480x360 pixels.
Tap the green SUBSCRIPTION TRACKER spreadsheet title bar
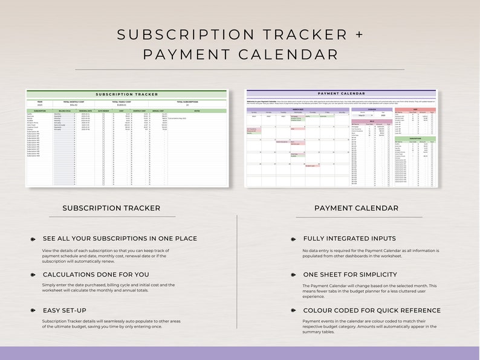point(126,94)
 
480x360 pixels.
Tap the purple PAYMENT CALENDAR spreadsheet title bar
point(340,94)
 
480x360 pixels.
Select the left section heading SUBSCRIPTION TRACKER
point(111,208)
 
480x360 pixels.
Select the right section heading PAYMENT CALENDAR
point(356,208)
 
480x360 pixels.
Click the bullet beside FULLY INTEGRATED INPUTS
point(293,239)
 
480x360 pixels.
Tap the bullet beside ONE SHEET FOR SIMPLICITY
point(293,275)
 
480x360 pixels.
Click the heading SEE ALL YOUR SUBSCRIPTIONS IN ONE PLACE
point(120,239)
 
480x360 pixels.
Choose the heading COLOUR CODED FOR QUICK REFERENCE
point(371,310)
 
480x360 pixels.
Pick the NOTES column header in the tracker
point(196,111)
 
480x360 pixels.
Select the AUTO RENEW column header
point(103,111)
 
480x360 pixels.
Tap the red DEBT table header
point(414,109)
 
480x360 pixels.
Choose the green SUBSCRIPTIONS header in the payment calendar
point(414,138)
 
